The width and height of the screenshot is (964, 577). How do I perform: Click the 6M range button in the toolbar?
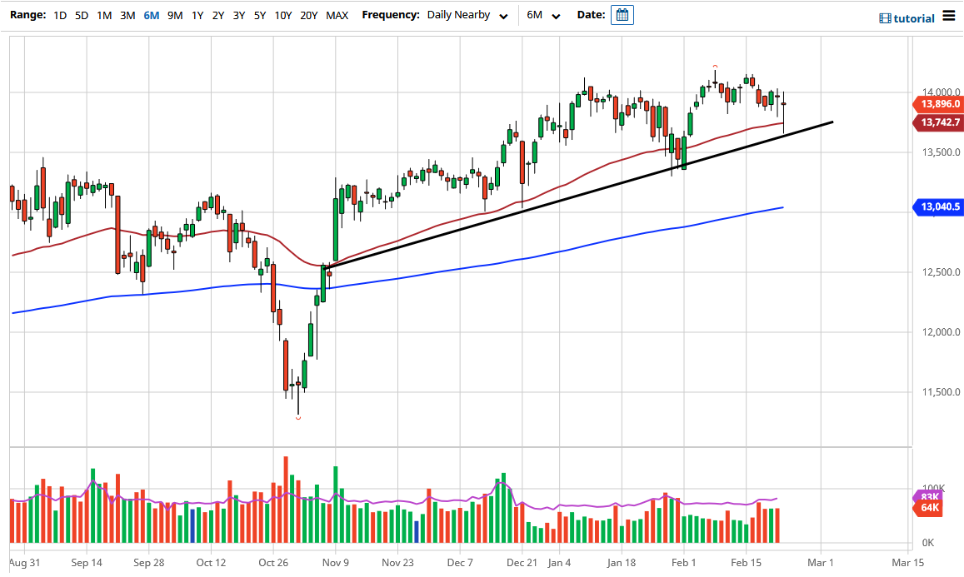[151, 15]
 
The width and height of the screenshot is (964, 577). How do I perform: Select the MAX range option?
[337, 15]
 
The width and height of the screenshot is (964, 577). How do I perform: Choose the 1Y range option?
[197, 15]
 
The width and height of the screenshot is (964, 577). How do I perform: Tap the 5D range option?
[81, 15]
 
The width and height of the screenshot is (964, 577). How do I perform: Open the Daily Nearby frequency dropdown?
[467, 15]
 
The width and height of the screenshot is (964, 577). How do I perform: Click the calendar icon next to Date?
[622, 15]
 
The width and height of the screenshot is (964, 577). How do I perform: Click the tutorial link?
[907, 18]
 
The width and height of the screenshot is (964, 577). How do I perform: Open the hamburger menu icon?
[950, 17]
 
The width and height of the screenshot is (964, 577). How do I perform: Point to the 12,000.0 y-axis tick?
[932, 332]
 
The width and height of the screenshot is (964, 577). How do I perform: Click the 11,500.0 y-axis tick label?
[932, 392]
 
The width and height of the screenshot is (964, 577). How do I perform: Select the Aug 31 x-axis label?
[25, 562]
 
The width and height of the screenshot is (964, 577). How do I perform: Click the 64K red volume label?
[929, 508]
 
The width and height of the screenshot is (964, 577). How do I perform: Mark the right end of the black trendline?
[832, 122]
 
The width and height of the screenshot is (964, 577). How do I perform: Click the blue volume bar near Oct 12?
[192, 525]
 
